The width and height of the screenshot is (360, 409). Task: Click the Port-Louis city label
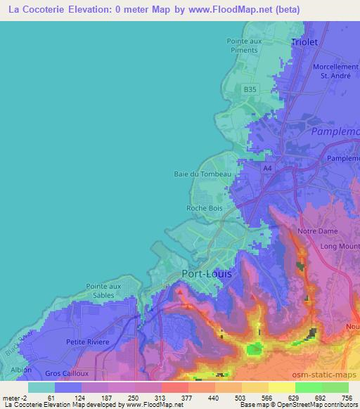click(x=206, y=273)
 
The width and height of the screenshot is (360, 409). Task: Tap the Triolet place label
click(x=304, y=42)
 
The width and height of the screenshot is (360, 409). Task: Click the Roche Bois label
click(x=205, y=208)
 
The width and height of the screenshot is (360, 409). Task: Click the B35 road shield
click(x=250, y=89)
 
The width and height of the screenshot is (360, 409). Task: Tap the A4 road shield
click(x=267, y=169)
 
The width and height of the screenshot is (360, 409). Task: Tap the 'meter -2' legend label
click(x=15, y=397)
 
